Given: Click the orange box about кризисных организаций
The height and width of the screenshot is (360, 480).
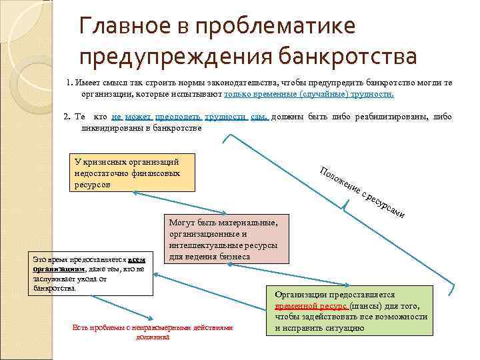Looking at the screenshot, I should click(133, 173).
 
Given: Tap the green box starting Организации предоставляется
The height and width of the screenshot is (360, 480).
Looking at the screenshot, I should click(350, 311).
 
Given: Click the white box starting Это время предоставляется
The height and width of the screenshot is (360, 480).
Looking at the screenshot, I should click(89, 273).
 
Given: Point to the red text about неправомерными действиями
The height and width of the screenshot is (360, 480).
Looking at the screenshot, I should click(153, 331).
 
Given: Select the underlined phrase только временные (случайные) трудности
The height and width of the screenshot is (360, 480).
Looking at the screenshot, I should click(309, 94).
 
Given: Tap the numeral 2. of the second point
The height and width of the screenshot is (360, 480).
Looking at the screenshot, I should click(67, 117).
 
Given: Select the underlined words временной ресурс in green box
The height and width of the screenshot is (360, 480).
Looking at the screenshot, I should click(311, 305).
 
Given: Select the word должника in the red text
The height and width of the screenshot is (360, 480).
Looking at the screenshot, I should click(153, 337).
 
